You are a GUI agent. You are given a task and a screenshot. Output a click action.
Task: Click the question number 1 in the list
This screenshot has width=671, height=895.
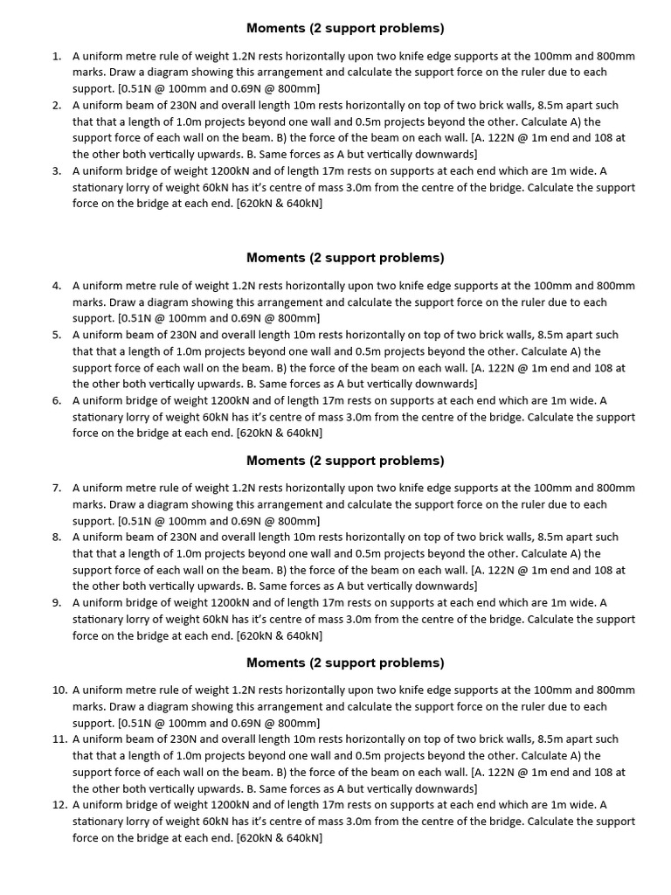tap(55, 56)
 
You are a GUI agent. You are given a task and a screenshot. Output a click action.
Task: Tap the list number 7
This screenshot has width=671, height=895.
tap(55, 488)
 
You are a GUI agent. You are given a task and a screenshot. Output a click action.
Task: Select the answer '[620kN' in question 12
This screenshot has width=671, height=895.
tap(256, 839)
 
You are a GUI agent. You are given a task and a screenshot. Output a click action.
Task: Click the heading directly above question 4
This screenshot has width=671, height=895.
tap(345, 258)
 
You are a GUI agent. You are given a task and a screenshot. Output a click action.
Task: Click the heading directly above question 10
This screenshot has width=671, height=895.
tap(345, 663)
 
